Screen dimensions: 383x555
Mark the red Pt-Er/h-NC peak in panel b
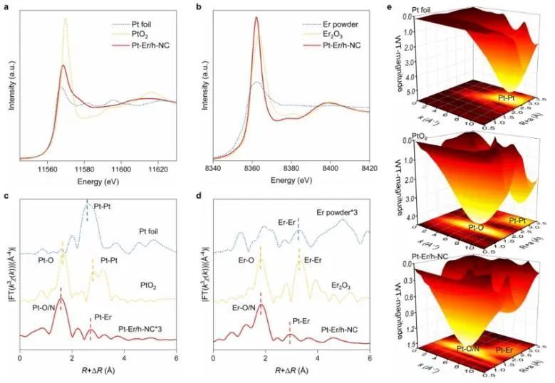tap(255, 19)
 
